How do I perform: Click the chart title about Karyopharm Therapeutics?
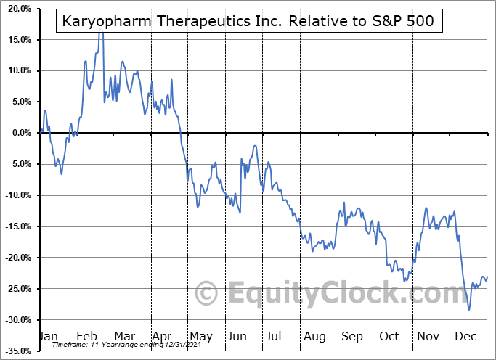click(x=248, y=20)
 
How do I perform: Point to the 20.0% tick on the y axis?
click(x=16, y=9)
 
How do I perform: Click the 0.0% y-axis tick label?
click(x=18, y=133)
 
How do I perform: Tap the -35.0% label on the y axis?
click(x=16, y=351)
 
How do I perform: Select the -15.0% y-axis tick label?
click(x=16, y=226)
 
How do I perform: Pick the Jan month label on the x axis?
click(x=47, y=337)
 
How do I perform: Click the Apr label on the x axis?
click(x=160, y=337)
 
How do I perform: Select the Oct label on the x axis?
click(x=389, y=337)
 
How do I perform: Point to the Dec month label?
click(x=465, y=337)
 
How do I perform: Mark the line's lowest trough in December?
click(x=469, y=310)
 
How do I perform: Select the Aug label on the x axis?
click(x=314, y=337)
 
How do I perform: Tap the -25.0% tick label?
click(x=16, y=289)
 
